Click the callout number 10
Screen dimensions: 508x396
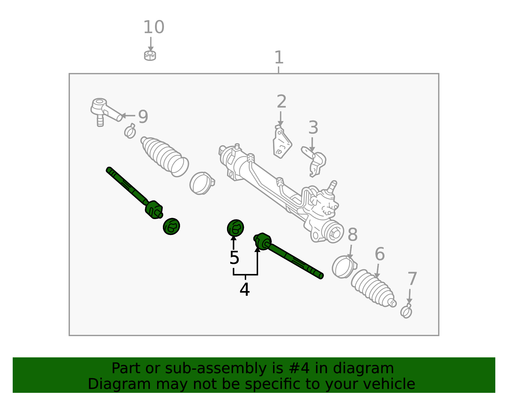click(154, 27)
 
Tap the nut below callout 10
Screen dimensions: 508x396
click(150, 55)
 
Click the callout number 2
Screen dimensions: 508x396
click(282, 101)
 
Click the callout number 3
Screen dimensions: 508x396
click(313, 127)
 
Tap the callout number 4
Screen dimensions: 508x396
click(244, 289)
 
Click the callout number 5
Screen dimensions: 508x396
click(234, 258)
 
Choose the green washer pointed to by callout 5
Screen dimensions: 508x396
click(235, 228)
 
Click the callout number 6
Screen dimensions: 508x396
click(380, 254)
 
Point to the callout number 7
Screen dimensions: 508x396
click(412, 279)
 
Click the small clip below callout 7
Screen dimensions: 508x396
click(406, 311)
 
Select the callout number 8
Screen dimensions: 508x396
click(352, 234)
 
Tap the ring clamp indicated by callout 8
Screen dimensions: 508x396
click(344, 267)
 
